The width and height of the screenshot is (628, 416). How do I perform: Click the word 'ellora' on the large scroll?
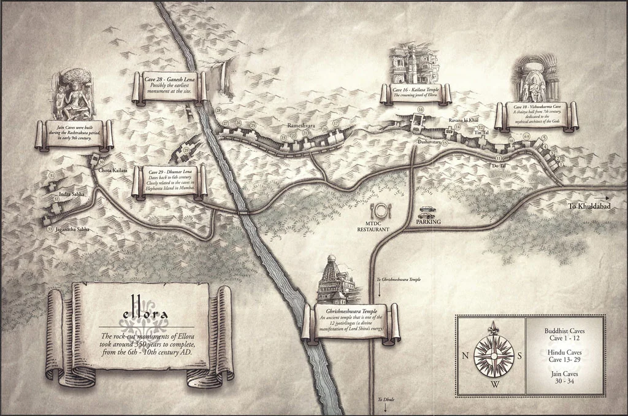tap(145, 317)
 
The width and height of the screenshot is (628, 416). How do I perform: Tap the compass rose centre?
tap(494, 355)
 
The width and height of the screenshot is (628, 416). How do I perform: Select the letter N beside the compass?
tap(465, 355)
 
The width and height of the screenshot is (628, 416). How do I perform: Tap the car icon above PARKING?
tap(427, 210)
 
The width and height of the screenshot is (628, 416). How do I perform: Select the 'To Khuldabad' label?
tap(588, 206)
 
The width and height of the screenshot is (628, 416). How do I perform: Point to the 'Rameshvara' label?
tap(301, 126)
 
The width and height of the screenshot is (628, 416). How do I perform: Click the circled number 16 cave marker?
tap(420, 110)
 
